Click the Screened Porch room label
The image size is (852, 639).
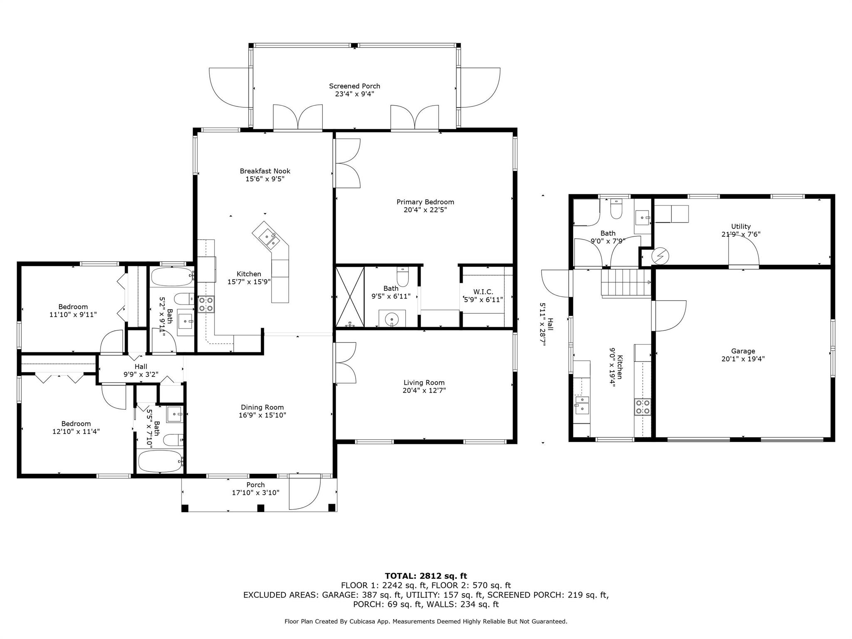[x=354, y=86]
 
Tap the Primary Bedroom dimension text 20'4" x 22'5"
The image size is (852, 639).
[x=425, y=210]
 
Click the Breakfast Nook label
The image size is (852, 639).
[x=265, y=171]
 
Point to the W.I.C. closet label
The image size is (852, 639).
[x=483, y=292]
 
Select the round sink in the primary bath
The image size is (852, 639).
[x=392, y=319]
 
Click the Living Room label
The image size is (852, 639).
[x=424, y=383]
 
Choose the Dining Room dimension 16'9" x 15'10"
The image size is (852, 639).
[x=262, y=415]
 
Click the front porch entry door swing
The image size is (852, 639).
[x=304, y=493]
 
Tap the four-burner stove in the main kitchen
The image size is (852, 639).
[x=206, y=304]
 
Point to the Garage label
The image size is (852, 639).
[x=743, y=351]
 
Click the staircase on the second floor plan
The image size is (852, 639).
[x=625, y=282]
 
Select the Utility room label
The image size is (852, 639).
[x=741, y=226]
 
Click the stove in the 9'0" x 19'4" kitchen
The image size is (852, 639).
[x=642, y=407]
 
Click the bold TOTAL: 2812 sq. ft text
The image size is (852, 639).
[x=426, y=576]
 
